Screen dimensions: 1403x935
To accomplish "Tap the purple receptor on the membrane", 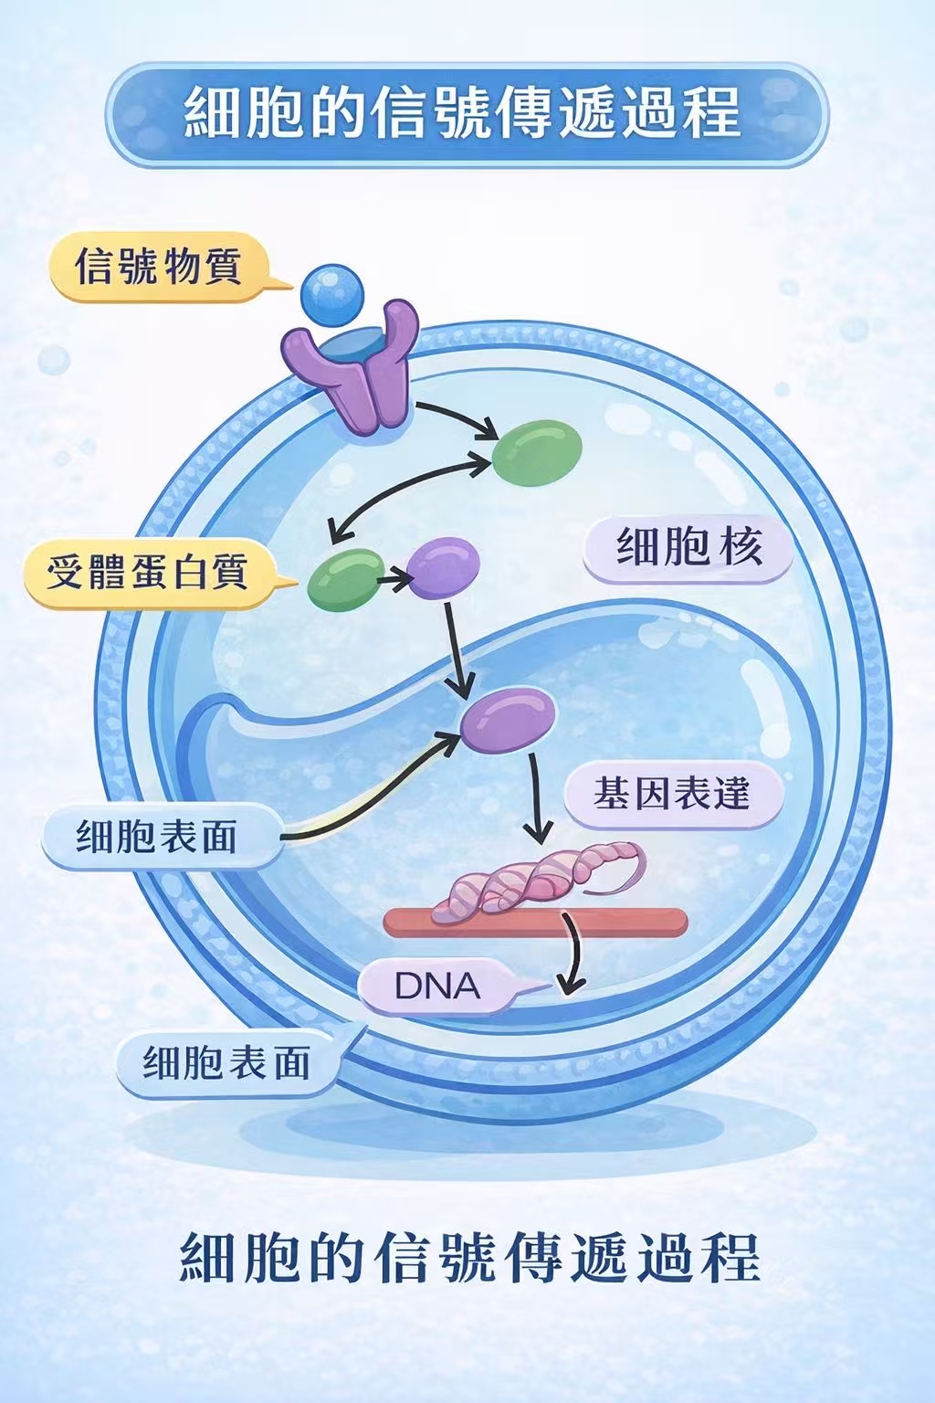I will pos(352,370).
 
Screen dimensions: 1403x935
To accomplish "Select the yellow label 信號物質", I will pos(158,267).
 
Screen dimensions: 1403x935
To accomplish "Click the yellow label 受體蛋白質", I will pos(147,573).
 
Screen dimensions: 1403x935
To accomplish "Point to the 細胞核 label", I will pos(688,548).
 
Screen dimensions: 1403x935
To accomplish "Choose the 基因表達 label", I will pos(672,794).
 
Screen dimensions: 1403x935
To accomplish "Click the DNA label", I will pos(436,986).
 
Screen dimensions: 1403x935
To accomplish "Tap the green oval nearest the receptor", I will pos(537,452).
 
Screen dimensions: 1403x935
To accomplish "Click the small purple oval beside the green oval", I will pos(443,567).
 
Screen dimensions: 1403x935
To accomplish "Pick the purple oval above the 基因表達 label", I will pos(508,718).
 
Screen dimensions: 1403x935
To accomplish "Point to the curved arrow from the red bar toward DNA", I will pos(574,959).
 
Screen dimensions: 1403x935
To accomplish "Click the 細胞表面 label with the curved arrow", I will pos(157,836).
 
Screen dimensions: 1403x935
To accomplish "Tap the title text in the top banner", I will pos(466,113).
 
